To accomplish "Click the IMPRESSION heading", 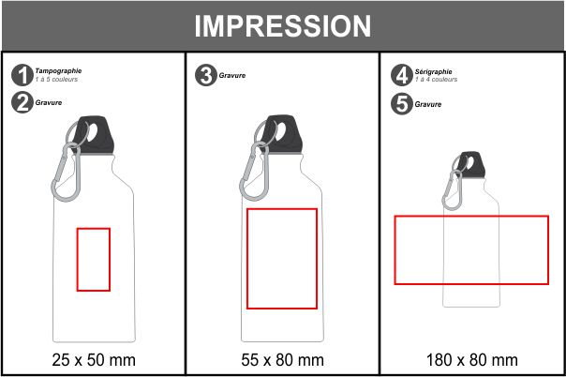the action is point(283,26).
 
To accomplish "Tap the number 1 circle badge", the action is point(22,75).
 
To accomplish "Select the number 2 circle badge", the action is point(22,102).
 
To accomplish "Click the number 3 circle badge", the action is point(206,75).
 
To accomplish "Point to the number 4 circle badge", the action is point(402,75).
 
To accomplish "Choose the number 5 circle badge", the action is point(402,104).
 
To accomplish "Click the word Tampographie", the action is point(58,70).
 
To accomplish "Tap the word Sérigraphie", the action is point(433,71).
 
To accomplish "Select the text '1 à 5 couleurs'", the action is point(56,80).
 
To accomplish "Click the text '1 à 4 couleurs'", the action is point(436,80).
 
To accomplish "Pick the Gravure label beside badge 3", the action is point(232,75).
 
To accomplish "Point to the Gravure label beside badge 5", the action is point(428,104).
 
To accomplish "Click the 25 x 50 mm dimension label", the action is point(94,360).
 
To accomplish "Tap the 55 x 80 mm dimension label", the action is point(282,360).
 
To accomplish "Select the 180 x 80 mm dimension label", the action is point(472,360).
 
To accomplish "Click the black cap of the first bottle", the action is point(95,135).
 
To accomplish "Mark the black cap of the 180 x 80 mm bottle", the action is point(471,165).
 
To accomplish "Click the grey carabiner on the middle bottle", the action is point(255,173).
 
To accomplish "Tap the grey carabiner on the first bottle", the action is point(66,173).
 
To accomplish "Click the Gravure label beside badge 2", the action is point(49,102).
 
